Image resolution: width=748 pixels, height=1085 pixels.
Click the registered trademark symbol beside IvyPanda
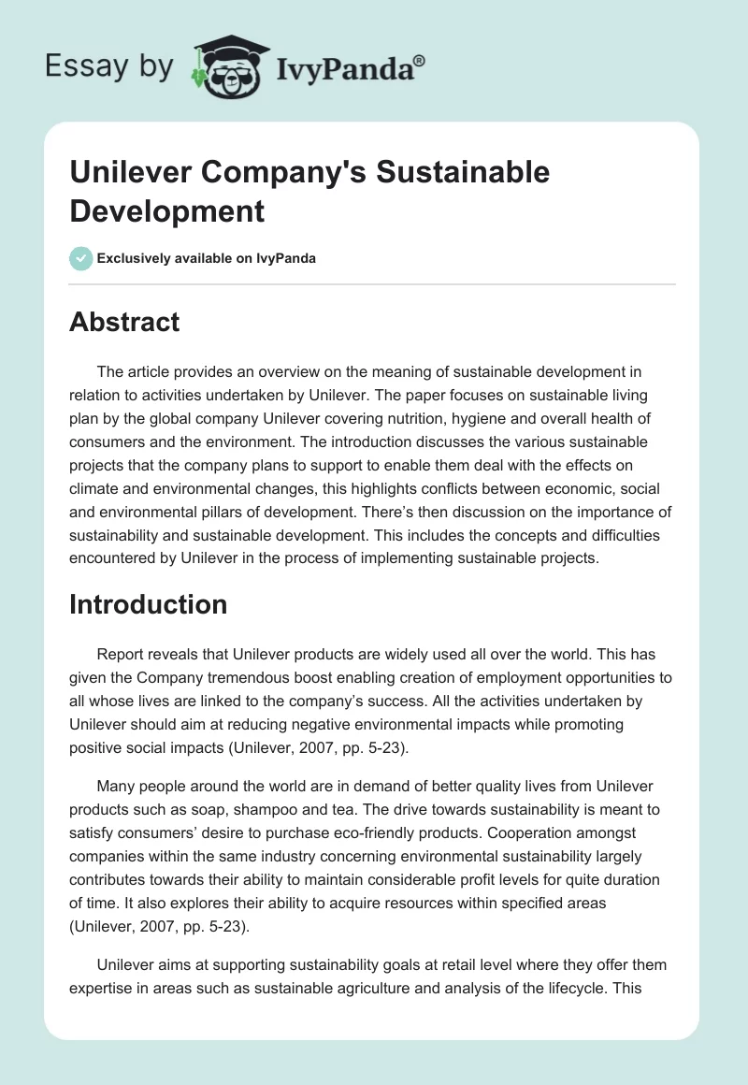420,61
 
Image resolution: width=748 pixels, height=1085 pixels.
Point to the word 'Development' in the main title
167,210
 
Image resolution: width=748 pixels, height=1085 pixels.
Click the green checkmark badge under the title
81,258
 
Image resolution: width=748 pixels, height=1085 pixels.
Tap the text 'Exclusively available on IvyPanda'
208,258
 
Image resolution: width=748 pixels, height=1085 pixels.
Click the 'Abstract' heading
124,322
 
